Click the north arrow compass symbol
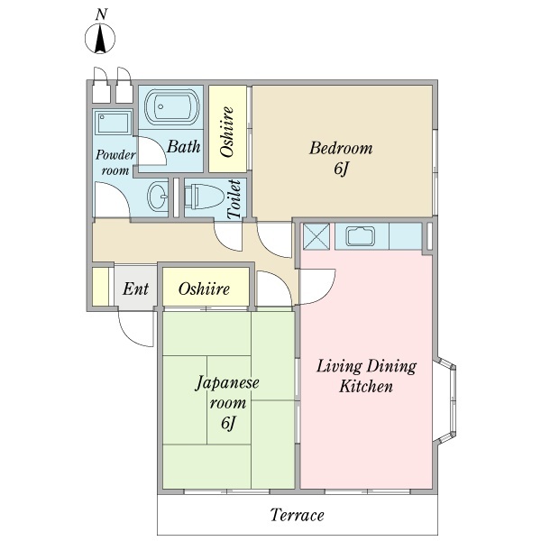(x=100, y=39)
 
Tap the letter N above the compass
(x=101, y=14)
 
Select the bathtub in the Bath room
(x=172, y=106)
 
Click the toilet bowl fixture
(x=203, y=197)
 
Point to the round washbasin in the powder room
(x=159, y=196)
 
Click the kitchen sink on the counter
(x=361, y=236)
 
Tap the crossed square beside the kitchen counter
(x=316, y=236)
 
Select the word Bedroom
(x=341, y=148)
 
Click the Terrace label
(x=297, y=515)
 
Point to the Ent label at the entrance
(x=135, y=289)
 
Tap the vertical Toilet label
(x=234, y=199)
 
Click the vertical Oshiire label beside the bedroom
(x=226, y=132)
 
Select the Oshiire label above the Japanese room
(x=204, y=289)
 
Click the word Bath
(x=184, y=146)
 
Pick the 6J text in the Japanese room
(x=228, y=423)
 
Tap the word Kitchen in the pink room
(x=366, y=386)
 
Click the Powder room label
(x=115, y=162)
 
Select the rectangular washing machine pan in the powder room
(x=113, y=123)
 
